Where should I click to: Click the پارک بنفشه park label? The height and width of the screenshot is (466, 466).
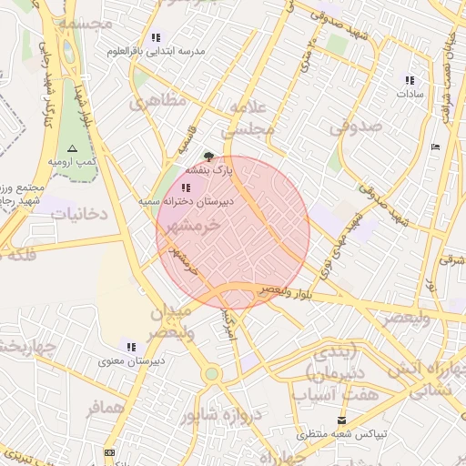[x=210, y=169]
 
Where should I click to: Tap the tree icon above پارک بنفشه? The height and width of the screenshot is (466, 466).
[x=209, y=157]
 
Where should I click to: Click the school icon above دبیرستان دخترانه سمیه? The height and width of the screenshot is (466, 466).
[x=187, y=187]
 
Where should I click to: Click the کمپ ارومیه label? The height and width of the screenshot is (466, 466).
[x=73, y=161]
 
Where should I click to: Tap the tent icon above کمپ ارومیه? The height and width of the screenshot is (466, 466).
[x=73, y=148]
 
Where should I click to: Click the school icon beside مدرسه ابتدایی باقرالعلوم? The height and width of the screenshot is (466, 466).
[x=156, y=38]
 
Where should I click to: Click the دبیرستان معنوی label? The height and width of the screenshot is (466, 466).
[x=131, y=360]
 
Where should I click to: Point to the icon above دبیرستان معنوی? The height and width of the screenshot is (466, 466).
[x=132, y=347]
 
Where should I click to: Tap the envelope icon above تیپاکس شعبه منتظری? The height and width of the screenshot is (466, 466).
[x=342, y=420]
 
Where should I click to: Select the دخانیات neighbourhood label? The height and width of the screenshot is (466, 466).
[x=79, y=214]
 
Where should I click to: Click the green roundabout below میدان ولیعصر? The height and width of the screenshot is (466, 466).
[x=211, y=373]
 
